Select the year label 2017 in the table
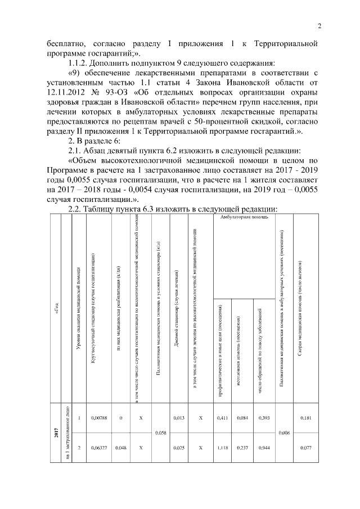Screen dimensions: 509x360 coord(56,433)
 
